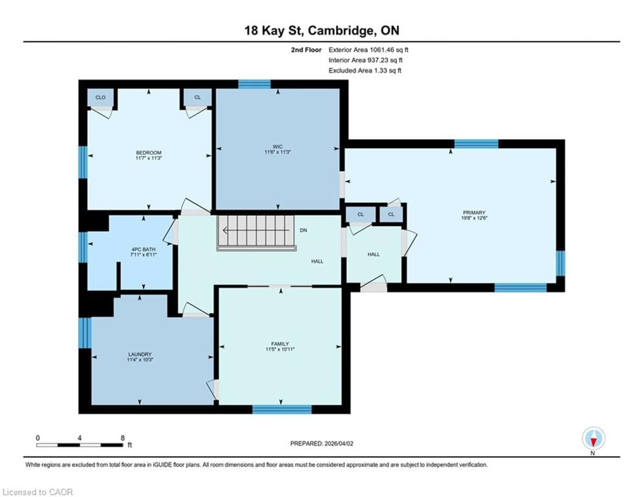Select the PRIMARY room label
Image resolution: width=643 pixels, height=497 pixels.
[x=474, y=213]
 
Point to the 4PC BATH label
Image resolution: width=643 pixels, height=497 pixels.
[x=143, y=249]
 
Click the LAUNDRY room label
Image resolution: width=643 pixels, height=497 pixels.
[x=140, y=354]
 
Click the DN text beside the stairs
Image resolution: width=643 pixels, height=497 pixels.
[x=303, y=230]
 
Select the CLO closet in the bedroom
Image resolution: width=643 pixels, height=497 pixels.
[x=100, y=97]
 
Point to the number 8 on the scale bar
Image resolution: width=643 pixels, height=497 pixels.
[x=122, y=438]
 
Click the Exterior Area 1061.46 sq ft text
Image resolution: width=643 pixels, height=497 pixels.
[x=368, y=50]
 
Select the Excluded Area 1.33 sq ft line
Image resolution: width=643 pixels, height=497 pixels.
[x=365, y=70]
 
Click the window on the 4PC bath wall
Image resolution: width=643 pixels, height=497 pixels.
[x=83, y=247]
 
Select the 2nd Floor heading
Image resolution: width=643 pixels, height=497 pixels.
[x=306, y=50]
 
